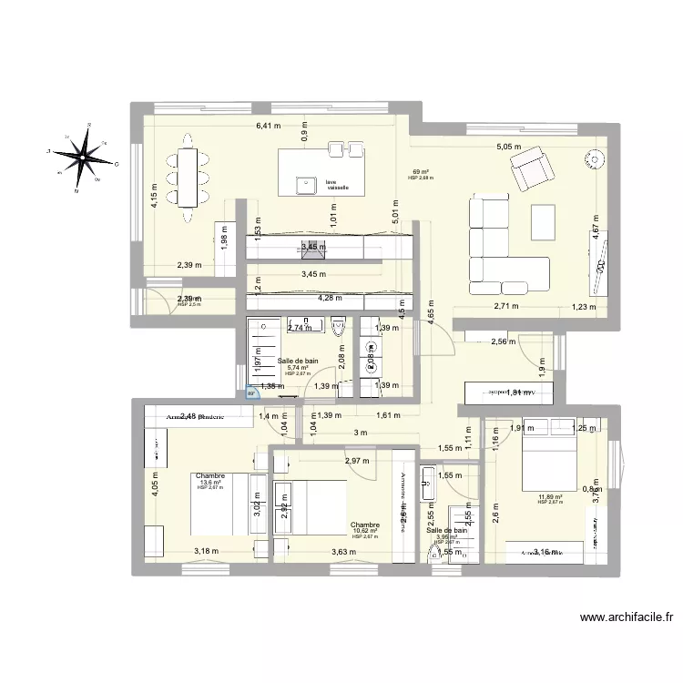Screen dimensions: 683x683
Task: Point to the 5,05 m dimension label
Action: pyautogui.click(x=508, y=146)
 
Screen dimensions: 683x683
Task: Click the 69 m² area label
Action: pyautogui.click(x=421, y=171)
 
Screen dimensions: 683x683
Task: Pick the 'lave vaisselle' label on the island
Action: pyautogui.click(x=338, y=185)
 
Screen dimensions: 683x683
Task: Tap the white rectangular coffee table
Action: pyautogui.click(x=543, y=220)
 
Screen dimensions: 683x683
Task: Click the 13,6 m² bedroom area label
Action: pyautogui.click(x=210, y=483)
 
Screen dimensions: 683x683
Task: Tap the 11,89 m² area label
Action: pyautogui.click(x=550, y=496)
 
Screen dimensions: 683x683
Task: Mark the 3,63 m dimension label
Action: pyautogui.click(x=344, y=552)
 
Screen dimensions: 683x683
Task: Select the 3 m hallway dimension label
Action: pyautogui.click(x=361, y=433)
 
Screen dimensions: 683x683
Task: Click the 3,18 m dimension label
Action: pyautogui.click(x=207, y=551)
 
